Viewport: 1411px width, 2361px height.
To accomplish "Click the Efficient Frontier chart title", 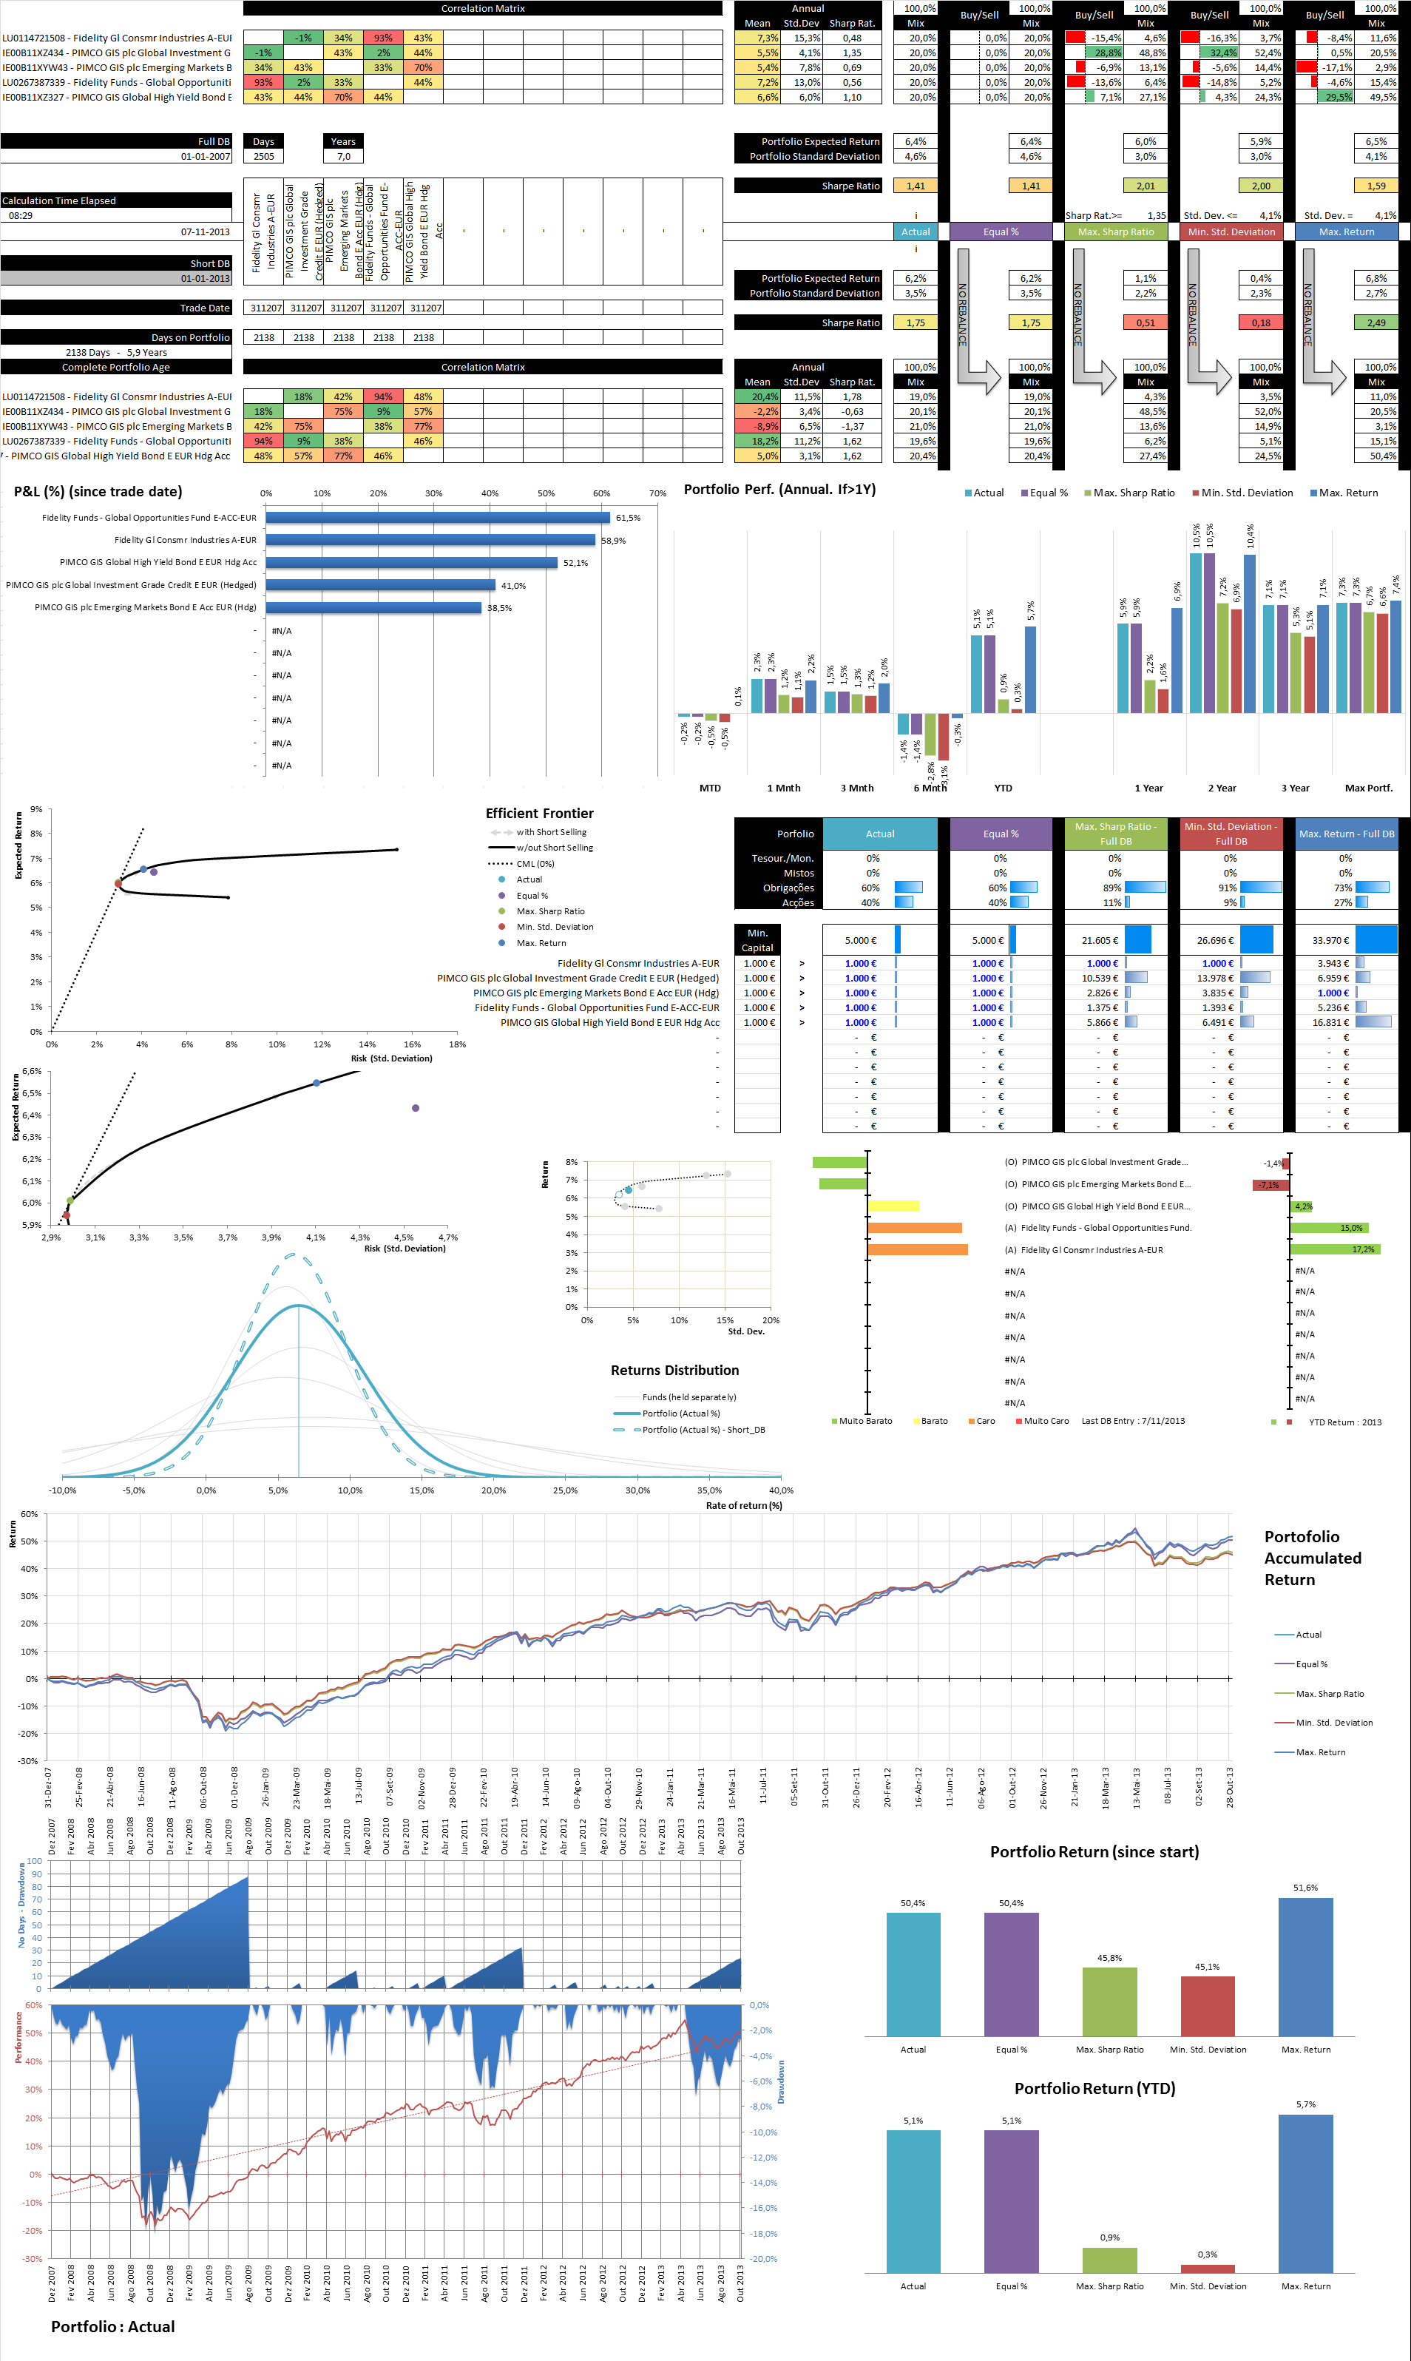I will click(x=539, y=813).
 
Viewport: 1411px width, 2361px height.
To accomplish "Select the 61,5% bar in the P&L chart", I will click(x=437, y=517).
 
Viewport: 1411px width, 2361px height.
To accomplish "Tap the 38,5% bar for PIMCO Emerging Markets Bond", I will click(x=373, y=607).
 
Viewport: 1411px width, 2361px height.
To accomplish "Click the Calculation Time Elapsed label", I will click(x=59, y=200).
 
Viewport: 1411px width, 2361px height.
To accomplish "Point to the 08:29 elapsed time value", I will click(x=21, y=216).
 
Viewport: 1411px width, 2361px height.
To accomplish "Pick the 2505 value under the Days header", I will click(x=263, y=156).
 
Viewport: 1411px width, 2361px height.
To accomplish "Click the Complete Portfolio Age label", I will click(x=116, y=367).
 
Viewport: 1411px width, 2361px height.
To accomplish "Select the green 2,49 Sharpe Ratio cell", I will click(x=1376, y=322).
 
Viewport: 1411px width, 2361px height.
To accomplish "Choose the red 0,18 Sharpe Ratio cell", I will click(x=1261, y=322).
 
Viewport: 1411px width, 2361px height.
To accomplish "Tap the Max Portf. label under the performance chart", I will click(x=1368, y=788).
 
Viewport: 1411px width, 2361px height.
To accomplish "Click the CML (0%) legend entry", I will click(x=535, y=863).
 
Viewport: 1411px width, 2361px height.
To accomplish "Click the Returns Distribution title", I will click(x=674, y=1370).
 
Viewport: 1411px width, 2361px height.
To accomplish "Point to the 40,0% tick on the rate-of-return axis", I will click(x=781, y=1490).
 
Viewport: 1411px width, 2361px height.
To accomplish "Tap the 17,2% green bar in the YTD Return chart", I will click(x=1334, y=1249).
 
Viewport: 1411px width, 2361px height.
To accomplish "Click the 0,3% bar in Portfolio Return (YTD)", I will click(x=1208, y=2269).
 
